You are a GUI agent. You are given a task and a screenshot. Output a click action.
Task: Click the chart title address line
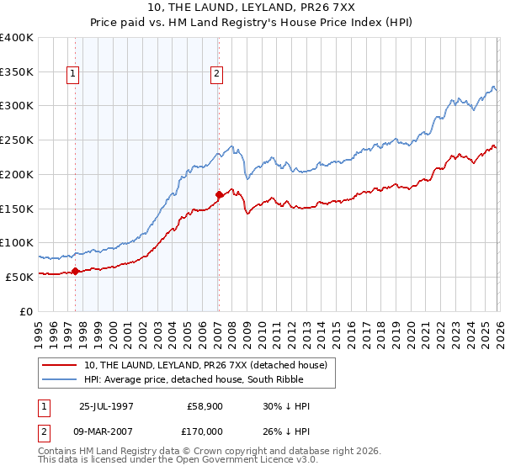tap(252, 8)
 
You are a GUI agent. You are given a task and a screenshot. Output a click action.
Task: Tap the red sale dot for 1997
tap(76, 271)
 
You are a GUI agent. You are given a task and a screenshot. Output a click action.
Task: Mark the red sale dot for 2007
tap(219, 194)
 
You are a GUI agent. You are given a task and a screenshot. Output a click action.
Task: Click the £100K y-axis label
tap(17, 242)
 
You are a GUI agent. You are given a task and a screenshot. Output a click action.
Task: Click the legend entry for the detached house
tap(210, 364)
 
